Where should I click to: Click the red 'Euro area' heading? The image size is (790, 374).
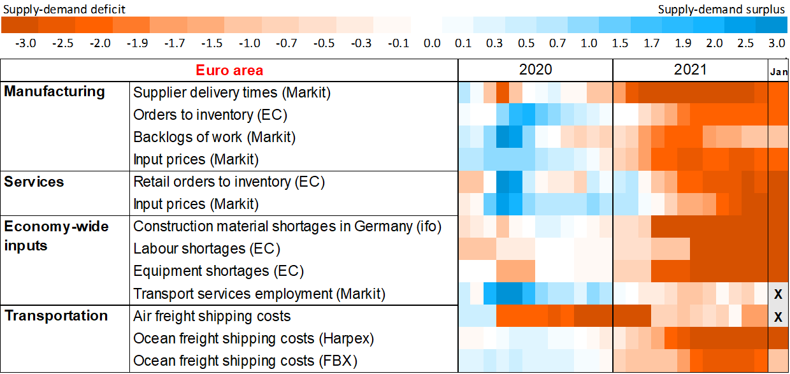pos(229,70)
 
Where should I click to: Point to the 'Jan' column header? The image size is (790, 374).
pos(779,71)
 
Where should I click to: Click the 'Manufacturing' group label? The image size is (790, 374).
pos(54,91)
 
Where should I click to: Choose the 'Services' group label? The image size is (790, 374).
pos(34,182)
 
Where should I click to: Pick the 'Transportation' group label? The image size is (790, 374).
pos(56,316)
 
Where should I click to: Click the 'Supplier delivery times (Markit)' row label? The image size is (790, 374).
pos(232,92)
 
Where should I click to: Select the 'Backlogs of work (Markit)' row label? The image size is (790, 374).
pos(214,137)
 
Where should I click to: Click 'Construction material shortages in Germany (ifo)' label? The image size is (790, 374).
pos(287,226)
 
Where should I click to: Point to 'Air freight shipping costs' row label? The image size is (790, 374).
pos(212,316)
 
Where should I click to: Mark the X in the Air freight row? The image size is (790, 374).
pos(778,317)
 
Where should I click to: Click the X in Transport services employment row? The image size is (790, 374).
pos(778,294)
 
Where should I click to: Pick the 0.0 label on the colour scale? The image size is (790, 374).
pos(432,43)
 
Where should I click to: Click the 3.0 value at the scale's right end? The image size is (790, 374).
pos(776,43)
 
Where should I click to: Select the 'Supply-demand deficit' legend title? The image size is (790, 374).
pos(63,9)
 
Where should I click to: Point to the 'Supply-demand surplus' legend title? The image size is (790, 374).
pos(722,9)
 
